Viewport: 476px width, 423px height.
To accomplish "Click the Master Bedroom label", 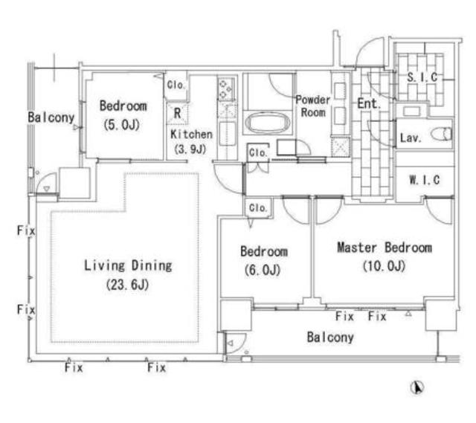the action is coord(385,248).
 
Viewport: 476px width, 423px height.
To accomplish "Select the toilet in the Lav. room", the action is coord(441,134).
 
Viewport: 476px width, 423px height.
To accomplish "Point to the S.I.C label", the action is coord(422,77).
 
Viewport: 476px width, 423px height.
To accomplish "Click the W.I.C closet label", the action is coord(425,180).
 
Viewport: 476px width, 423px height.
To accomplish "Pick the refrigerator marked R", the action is coord(177,114).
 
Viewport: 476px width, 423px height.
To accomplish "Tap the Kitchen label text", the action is coord(191,134).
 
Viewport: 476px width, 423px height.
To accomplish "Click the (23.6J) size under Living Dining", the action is coord(127,285).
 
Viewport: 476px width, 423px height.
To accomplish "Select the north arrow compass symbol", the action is coord(417,387).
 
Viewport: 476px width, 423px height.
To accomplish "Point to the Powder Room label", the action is coord(313,106).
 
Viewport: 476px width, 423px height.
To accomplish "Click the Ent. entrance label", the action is coord(369,103).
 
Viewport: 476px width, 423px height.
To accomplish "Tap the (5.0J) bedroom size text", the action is coord(121,124).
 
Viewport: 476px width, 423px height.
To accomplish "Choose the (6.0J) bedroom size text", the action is coord(263,270).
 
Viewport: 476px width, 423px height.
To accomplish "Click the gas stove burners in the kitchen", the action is coord(226,89).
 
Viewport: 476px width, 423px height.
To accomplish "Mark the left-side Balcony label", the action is coord(51,117).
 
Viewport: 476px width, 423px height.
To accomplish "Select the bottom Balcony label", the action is coord(330,337).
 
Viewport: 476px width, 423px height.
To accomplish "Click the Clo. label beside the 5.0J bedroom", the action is coord(176,85).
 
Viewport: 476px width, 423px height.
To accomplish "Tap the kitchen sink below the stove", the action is coord(226,134).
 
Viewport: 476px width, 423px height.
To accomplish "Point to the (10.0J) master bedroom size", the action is coord(384,266).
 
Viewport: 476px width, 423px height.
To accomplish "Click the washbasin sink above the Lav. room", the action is coord(411,111).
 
